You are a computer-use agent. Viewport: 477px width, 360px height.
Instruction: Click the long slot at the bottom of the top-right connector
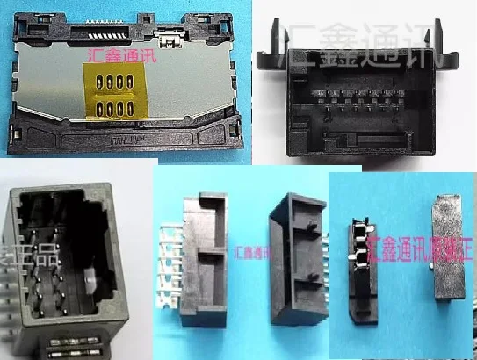tap(370, 139)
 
